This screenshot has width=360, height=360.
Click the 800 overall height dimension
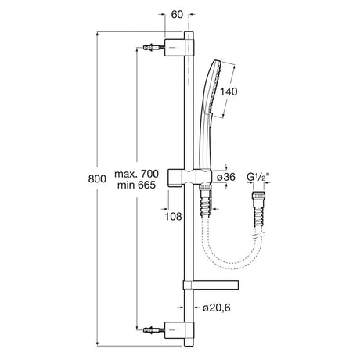(x=97, y=178)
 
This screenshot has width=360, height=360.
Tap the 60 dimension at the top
(x=177, y=15)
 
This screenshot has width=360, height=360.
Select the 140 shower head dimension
(x=229, y=92)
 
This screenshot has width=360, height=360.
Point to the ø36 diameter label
(x=226, y=177)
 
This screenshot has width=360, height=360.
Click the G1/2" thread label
(x=257, y=177)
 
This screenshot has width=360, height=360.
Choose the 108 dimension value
(x=173, y=216)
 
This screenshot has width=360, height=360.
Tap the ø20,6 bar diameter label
(x=217, y=308)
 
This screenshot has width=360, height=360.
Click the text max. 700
(x=136, y=174)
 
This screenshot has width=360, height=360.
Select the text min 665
(x=136, y=185)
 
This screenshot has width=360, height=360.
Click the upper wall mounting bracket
(x=179, y=48)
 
